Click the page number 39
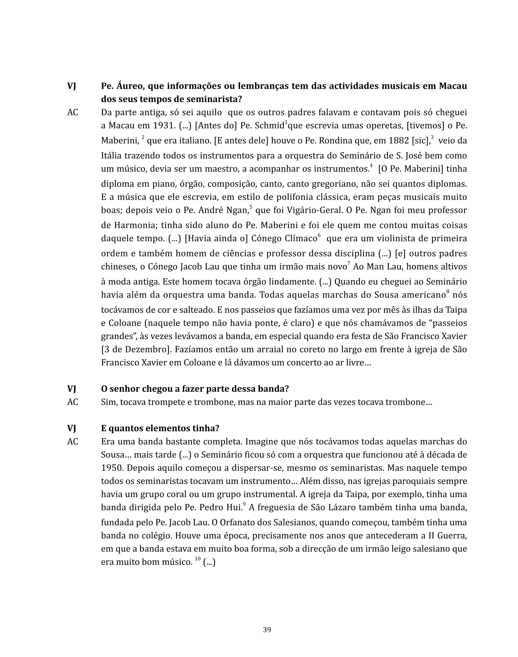[267, 630]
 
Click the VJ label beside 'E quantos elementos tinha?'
[72, 428]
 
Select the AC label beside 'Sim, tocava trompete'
[72, 402]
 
